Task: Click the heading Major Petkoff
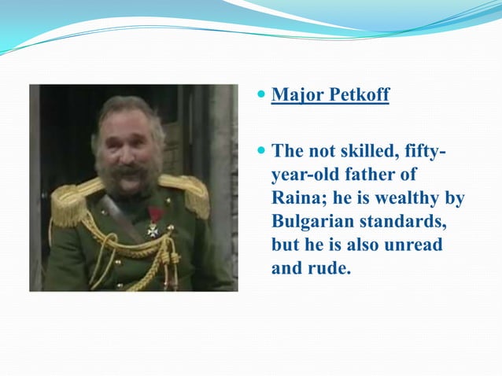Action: coord(330,96)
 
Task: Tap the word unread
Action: coord(413,245)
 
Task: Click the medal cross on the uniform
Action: coord(153,229)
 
